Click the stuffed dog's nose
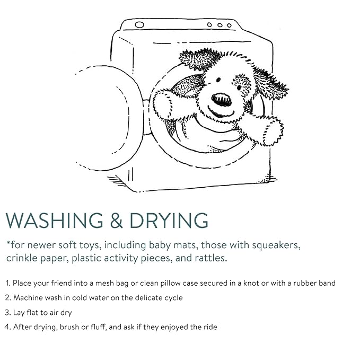coord(221,100)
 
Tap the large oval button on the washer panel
coord(139,25)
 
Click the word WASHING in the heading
coord(55,220)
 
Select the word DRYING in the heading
coord(169,220)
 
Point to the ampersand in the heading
coord(117,220)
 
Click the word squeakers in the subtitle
coord(276,245)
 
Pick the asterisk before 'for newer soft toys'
coord(8,243)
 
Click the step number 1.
coord(8,283)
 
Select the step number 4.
coord(7,327)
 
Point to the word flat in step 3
coord(33,312)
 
